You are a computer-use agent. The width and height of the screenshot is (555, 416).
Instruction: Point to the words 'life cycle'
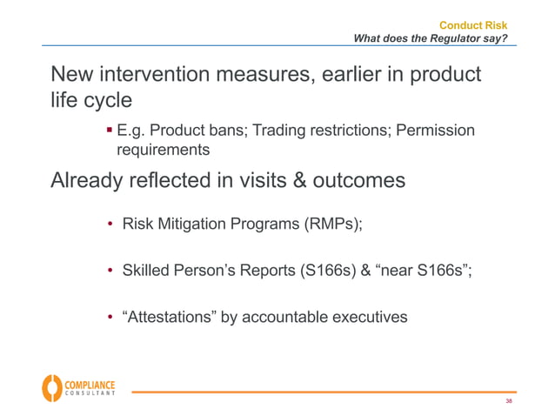tap(91, 101)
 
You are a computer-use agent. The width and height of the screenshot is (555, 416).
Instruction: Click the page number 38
tap(509, 402)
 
